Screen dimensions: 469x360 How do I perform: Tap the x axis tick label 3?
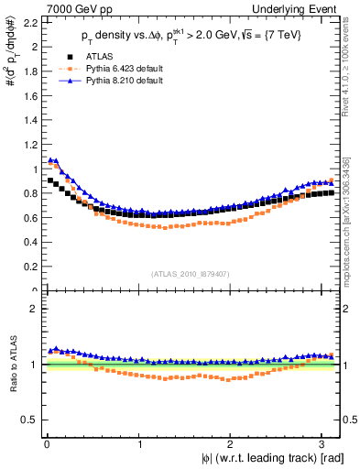[x=326, y=444]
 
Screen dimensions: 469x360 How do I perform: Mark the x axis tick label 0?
[x=46, y=444]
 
